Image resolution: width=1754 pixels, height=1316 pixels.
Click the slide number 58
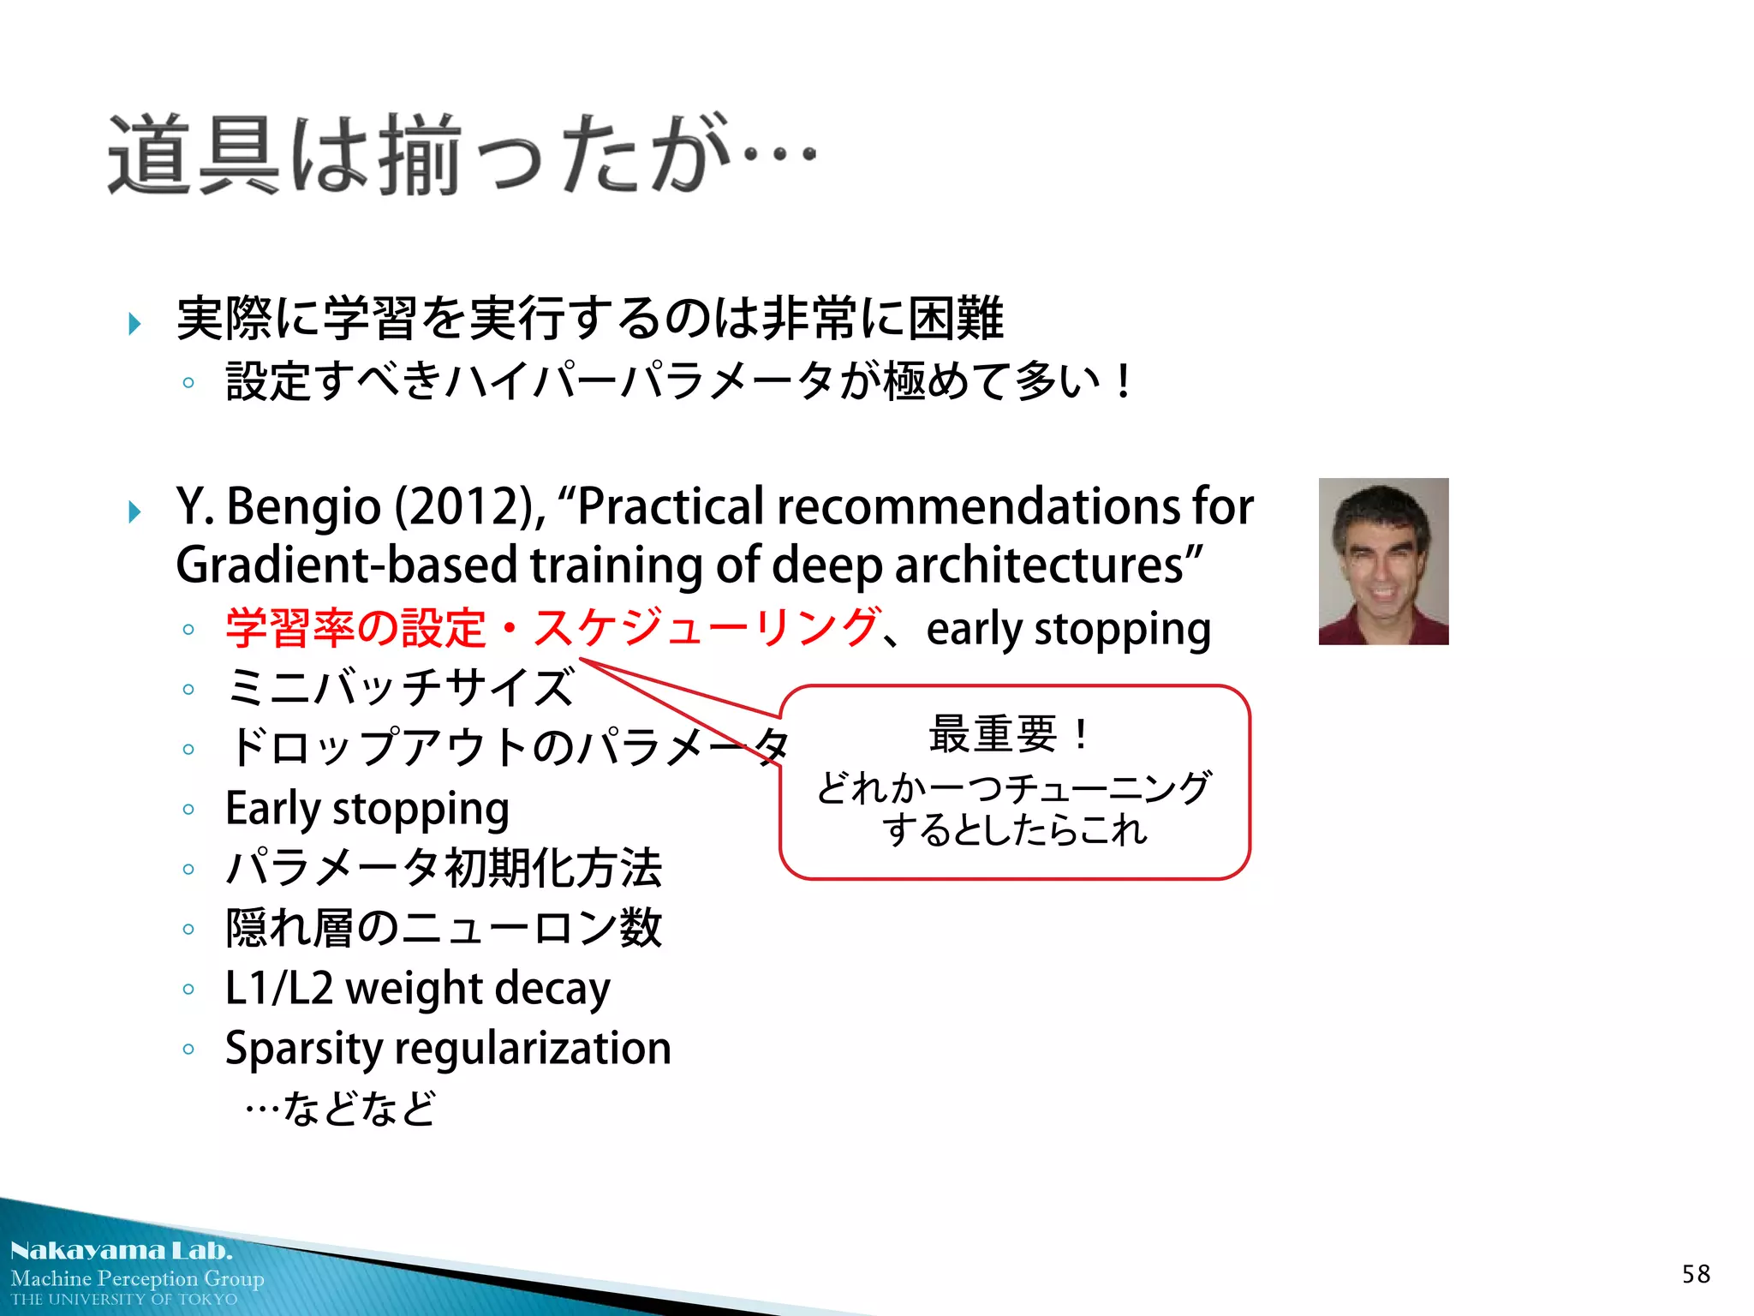[x=1696, y=1274]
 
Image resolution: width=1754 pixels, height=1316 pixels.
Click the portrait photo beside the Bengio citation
[x=1383, y=561]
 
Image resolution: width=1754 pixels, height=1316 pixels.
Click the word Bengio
[x=303, y=506]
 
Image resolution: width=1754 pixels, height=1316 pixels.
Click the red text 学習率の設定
[x=355, y=628]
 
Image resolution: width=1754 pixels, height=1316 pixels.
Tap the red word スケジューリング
[x=707, y=628]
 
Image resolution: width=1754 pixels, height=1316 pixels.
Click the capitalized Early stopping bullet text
[x=367, y=809]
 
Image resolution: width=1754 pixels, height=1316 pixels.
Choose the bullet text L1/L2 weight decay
[x=417, y=989]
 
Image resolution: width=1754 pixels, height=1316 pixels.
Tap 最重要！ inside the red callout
[x=1011, y=734]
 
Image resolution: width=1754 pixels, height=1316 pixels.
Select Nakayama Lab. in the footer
[x=122, y=1251]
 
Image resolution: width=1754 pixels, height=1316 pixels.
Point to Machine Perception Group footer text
[x=137, y=1278]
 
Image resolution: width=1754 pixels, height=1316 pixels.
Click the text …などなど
[x=340, y=1109]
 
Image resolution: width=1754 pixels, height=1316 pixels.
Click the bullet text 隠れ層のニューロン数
[x=444, y=929]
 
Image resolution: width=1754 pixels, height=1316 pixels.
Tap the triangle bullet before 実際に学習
[x=134, y=324]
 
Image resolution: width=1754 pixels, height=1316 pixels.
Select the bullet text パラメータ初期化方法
[x=444, y=869]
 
